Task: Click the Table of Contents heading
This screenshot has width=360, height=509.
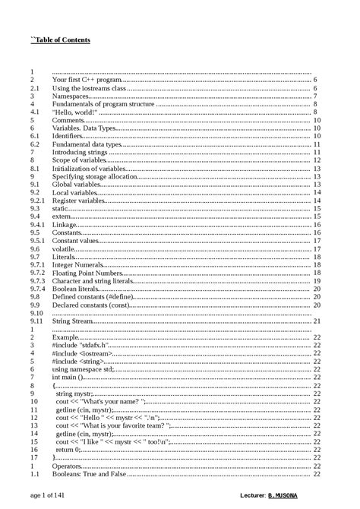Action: [x=60, y=40]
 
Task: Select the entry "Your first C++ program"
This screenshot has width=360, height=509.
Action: [x=87, y=80]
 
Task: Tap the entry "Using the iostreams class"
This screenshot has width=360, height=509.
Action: [x=88, y=88]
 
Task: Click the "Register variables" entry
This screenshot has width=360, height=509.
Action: [x=80, y=201]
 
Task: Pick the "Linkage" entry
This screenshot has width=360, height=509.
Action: [x=64, y=225]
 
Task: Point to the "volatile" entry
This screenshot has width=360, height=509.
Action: [x=64, y=248]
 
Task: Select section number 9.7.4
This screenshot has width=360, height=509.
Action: [x=38, y=289]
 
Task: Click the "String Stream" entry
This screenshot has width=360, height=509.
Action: [x=72, y=321]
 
